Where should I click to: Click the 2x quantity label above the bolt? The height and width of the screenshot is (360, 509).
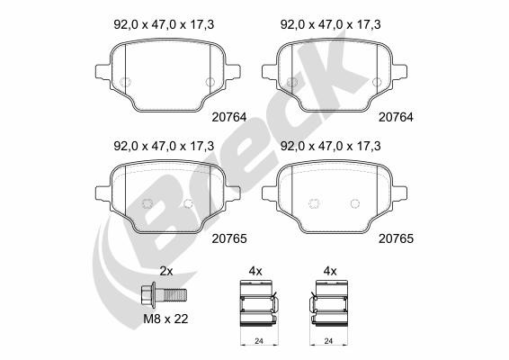click(166, 271)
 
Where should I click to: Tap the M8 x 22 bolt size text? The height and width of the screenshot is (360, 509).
click(165, 319)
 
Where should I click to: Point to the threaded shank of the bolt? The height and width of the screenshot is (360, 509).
click(175, 295)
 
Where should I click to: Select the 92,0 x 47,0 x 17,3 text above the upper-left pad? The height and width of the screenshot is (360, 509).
click(164, 24)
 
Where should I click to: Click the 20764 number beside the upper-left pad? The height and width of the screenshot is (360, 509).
click(229, 117)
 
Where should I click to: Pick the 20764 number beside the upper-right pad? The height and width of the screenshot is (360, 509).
click(396, 117)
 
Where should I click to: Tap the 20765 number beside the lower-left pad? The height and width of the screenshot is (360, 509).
click(229, 238)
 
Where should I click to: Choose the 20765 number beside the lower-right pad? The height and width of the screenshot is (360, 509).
click(396, 238)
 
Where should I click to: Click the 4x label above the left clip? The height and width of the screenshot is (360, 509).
click(255, 271)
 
